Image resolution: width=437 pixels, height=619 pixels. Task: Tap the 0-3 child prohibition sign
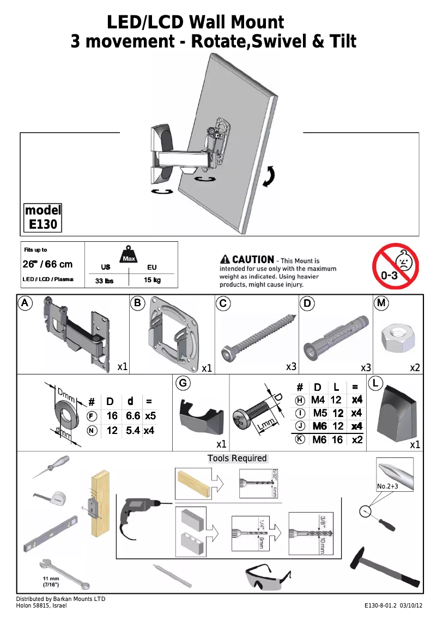tap(395, 266)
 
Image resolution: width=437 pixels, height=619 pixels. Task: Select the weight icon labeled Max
tap(129, 254)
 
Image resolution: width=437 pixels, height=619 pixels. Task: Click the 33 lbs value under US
tap(104, 281)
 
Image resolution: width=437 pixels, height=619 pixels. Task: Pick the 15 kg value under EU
tap(152, 281)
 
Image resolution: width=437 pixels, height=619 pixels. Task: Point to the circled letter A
tap(25, 302)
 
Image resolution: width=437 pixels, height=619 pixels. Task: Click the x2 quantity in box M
tap(415, 368)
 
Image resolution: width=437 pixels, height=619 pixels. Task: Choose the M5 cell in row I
tap(320, 413)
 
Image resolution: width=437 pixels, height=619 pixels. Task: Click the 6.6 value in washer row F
tap(133, 416)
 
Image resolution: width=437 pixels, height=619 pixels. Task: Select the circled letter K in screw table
tap(300, 439)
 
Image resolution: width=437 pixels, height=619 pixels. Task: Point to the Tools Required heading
tap(237, 459)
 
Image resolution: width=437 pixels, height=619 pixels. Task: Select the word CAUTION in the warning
tap(253, 260)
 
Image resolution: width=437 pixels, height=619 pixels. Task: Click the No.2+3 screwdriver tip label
tap(389, 486)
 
